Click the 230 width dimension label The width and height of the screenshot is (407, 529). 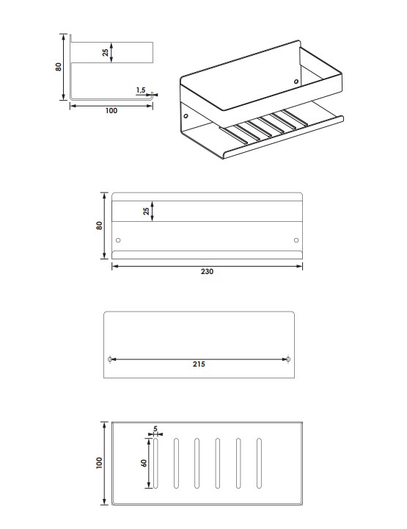(x=207, y=272)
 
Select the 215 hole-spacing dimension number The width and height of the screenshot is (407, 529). (x=199, y=364)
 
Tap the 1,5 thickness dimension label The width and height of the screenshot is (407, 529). (x=141, y=90)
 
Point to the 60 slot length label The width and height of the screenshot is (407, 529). (x=144, y=463)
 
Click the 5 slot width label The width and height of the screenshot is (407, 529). (x=155, y=429)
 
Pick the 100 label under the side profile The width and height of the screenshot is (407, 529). (x=111, y=111)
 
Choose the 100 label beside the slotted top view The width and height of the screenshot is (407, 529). (x=99, y=463)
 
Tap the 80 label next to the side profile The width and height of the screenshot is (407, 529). (x=59, y=67)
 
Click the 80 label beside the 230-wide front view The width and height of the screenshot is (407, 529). (x=99, y=226)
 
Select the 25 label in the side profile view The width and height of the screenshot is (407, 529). (x=106, y=53)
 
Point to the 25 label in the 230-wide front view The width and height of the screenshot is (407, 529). (x=146, y=211)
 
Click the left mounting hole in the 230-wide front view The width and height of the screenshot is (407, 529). (x=118, y=240)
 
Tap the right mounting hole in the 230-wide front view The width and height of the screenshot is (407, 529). (x=296, y=240)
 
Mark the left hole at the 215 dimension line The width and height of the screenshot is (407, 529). (x=110, y=359)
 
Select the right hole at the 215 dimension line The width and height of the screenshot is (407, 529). (x=288, y=359)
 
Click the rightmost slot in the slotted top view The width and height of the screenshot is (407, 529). (x=259, y=463)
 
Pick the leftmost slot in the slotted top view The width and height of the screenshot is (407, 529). (x=155, y=463)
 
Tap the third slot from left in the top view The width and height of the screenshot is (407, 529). (x=197, y=463)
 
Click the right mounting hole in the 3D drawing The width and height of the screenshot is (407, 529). (x=296, y=82)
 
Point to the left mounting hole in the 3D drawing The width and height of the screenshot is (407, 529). (x=186, y=116)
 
